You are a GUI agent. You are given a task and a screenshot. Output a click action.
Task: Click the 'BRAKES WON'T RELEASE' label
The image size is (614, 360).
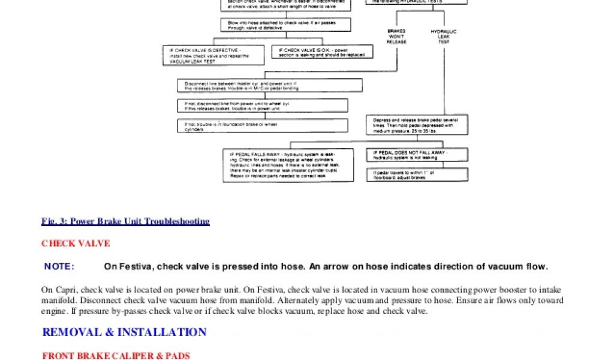(396, 36)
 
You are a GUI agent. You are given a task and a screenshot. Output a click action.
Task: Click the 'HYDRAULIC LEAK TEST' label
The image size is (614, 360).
(443, 36)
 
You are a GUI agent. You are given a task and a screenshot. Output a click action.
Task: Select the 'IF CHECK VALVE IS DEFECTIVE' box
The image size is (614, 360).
(213, 55)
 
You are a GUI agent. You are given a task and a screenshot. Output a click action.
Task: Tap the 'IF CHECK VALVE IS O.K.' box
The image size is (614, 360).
(322, 52)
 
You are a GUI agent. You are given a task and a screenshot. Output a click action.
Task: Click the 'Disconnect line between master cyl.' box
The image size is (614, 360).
(270, 85)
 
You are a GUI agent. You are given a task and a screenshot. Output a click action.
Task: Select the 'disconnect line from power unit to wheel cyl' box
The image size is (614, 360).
(263, 106)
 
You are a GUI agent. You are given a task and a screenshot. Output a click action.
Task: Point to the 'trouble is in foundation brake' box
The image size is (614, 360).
(263, 126)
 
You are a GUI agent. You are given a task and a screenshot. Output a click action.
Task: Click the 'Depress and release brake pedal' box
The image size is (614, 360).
(417, 125)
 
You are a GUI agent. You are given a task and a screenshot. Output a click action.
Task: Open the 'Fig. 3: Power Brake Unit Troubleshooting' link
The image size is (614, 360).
(125, 221)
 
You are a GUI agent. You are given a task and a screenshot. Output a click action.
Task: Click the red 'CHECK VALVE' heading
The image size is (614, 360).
(76, 244)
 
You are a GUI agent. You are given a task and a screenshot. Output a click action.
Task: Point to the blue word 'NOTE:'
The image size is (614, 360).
(59, 266)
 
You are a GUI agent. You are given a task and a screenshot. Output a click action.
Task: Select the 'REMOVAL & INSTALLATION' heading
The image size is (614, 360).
(124, 332)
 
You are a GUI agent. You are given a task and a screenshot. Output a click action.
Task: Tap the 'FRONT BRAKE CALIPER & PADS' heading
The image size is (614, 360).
(116, 356)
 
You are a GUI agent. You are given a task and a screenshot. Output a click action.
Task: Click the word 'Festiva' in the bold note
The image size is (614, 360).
(131, 266)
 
